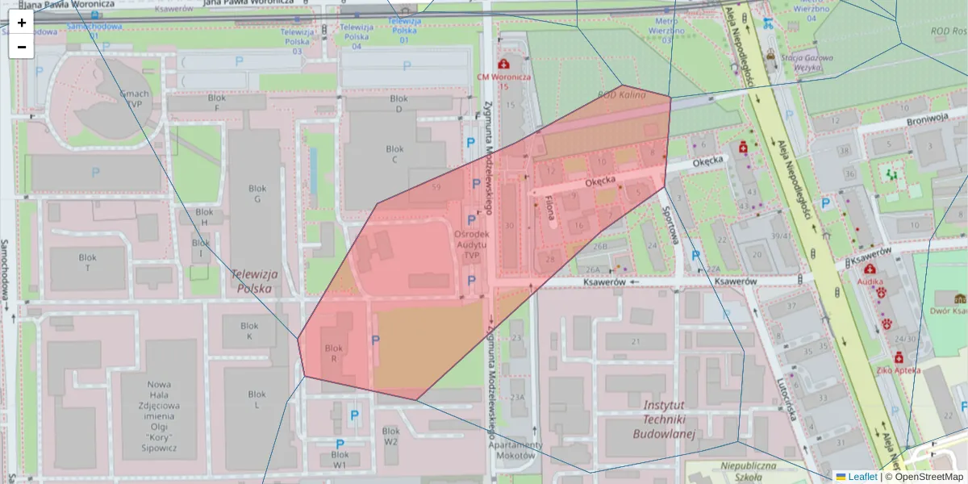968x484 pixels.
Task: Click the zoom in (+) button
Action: pos(21,23)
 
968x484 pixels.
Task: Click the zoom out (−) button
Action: pos(21,47)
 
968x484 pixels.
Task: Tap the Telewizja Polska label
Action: pos(253,280)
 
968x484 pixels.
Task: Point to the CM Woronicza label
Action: pos(504,77)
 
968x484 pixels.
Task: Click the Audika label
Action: pos(870,283)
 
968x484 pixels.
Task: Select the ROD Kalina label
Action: pos(621,94)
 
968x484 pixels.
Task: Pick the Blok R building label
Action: pos(334,353)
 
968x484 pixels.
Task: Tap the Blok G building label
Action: pos(257,194)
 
